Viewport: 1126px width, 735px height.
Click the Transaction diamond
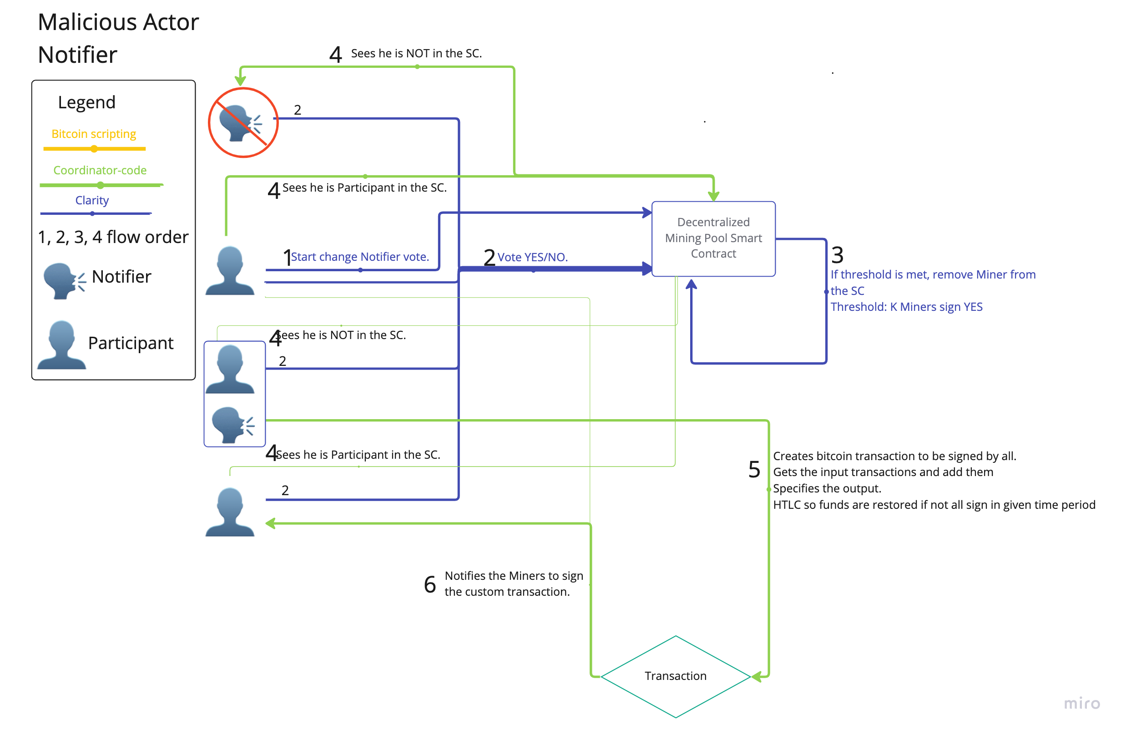pos(676,676)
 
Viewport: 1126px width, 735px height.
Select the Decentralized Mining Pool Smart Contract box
pos(713,238)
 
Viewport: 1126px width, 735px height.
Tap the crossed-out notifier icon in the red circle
pos(243,122)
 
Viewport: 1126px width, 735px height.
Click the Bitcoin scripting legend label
pos(94,134)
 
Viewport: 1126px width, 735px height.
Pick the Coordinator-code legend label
pos(100,170)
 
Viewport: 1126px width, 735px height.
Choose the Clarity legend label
pos(92,200)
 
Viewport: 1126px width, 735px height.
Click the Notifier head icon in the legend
pos(64,281)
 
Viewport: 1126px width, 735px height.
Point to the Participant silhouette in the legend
pos(61,345)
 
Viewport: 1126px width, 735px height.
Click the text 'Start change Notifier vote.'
pos(360,257)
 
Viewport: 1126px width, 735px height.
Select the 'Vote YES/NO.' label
pos(533,257)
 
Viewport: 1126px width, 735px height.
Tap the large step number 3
pos(838,255)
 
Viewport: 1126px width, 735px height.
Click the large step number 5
pos(754,470)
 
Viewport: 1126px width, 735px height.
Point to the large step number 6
pos(430,584)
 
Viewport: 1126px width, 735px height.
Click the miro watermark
pos(1082,703)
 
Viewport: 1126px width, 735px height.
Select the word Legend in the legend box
pos(87,102)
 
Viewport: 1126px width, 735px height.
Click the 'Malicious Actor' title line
pos(118,22)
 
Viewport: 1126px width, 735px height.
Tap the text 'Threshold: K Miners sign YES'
pos(906,307)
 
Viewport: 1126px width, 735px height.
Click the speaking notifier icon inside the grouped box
pos(233,425)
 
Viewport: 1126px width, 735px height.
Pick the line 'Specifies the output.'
pos(827,488)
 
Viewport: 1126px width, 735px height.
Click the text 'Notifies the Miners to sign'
pos(514,576)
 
